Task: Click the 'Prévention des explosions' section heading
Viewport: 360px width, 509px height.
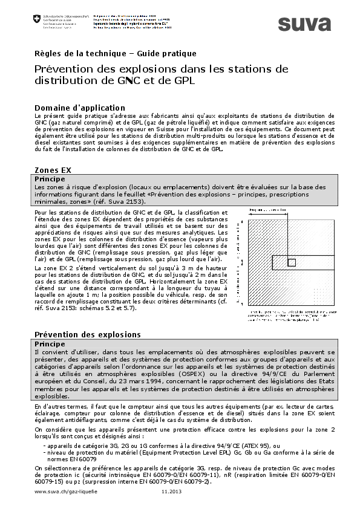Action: tap(88, 334)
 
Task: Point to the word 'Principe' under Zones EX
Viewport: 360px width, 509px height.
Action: tap(50, 180)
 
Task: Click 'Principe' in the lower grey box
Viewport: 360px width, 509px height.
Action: tap(50, 343)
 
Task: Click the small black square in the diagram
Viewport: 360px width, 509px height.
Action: tap(292, 262)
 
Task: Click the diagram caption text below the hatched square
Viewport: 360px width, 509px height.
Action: tap(287, 316)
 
